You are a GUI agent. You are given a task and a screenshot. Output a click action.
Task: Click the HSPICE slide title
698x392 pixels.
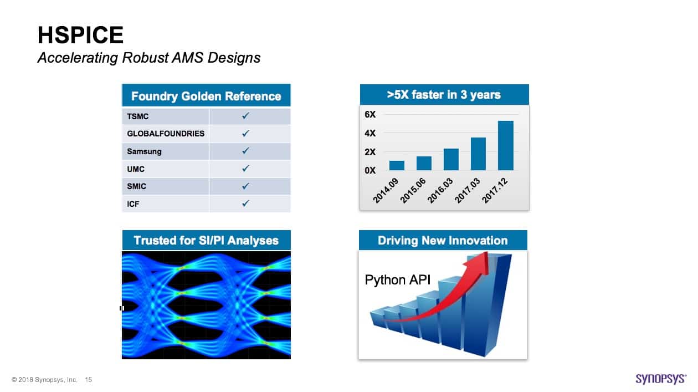(x=81, y=35)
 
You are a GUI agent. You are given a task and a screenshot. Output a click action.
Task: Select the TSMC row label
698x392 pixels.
(x=138, y=116)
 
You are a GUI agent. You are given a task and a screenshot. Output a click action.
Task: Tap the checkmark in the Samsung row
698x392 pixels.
(x=245, y=151)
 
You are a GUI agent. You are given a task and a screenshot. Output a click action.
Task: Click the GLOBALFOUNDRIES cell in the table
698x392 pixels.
(x=166, y=134)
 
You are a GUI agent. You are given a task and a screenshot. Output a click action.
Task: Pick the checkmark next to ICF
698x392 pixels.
(x=245, y=203)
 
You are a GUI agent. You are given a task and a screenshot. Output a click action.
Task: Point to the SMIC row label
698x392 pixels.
(x=136, y=186)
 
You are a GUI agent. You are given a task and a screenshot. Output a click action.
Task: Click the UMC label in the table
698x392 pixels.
(x=136, y=169)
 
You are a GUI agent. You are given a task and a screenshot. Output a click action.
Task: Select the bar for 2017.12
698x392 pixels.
(x=505, y=145)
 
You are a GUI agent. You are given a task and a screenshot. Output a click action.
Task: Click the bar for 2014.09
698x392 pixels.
(x=397, y=166)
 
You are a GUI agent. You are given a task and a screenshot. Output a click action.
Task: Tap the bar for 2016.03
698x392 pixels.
(x=451, y=159)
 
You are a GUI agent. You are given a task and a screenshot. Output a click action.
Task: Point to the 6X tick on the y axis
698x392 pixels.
(x=370, y=114)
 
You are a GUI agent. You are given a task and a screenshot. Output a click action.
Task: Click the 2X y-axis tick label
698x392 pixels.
(x=370, y=152)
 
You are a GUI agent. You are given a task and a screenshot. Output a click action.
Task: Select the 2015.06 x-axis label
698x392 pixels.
(x=413, y=191)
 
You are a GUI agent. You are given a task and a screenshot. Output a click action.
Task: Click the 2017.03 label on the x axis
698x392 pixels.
(x=468, y=191)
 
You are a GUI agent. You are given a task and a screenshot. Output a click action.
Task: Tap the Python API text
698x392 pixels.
(x=397, y=280)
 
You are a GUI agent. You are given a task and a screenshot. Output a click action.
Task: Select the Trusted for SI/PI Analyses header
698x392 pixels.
(x=206, y=241)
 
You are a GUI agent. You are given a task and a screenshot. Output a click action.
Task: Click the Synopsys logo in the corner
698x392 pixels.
(x=661, y=379)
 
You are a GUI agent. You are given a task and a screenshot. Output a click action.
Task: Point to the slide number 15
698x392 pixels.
(x=89, y=380)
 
